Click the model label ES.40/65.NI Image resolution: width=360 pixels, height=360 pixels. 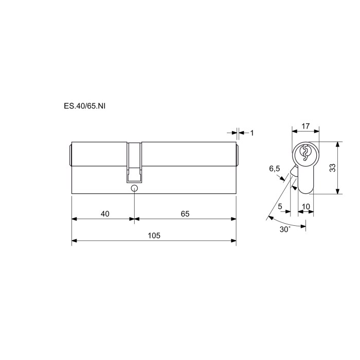(x=84, y=106)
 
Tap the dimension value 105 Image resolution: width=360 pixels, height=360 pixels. (x=154, y=236)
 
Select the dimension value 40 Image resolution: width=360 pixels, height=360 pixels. (x=105, y=214)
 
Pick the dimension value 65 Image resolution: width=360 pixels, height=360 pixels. (x=185, y=214)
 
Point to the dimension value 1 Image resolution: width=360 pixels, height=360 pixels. (x=252, y=133)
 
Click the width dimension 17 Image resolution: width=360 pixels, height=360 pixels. (x=305, y=126)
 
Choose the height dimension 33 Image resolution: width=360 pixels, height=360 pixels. (x=332, y=168)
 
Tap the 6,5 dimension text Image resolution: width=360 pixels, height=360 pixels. (x=275, y=169)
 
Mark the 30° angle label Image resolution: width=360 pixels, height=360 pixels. (x=285, y=229)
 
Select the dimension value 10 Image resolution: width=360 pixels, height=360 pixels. (x=306, y=207)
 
